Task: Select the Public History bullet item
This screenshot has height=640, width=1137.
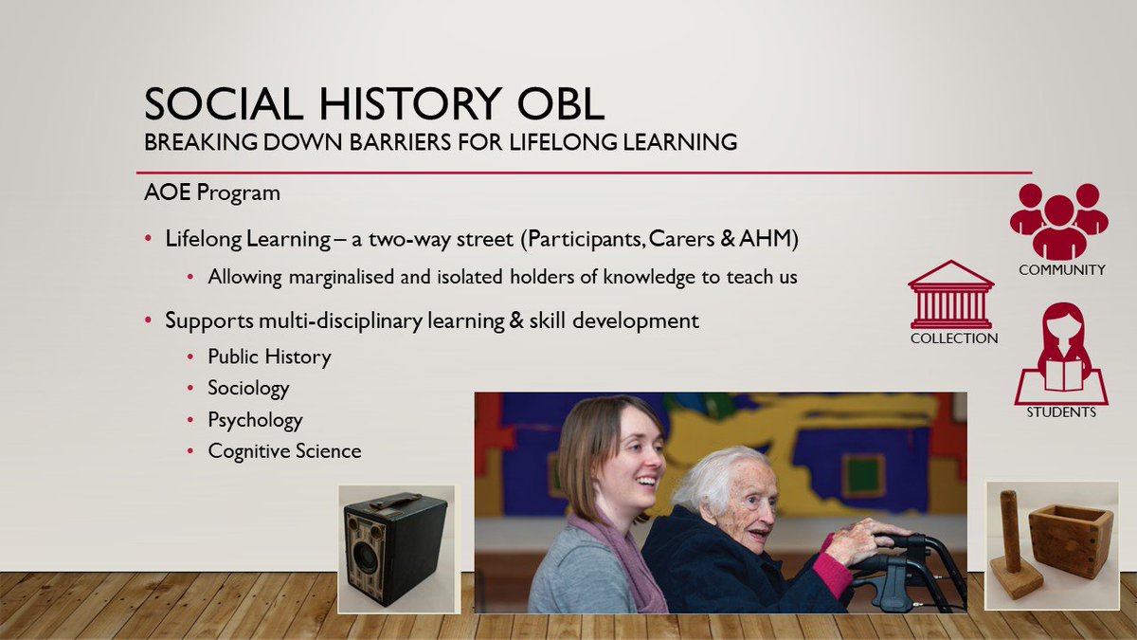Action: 269,357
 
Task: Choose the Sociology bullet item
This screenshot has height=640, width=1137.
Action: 248,388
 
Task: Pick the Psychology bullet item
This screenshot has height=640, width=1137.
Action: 255,419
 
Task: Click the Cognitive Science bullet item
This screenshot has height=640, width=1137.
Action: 284,450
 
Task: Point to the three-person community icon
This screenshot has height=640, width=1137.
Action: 1058,221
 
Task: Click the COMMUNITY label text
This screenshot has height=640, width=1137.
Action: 1061,270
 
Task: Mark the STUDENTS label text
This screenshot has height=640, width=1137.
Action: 1061,412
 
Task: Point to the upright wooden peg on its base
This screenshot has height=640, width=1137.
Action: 1011,540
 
